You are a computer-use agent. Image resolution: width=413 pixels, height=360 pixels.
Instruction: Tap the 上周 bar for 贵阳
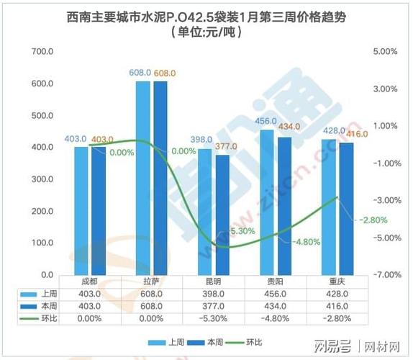coord(267,202)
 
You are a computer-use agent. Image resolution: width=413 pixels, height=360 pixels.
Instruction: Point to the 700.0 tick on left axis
coord(44,52)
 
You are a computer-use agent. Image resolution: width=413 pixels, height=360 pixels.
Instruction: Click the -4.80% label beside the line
coord(305,241)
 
